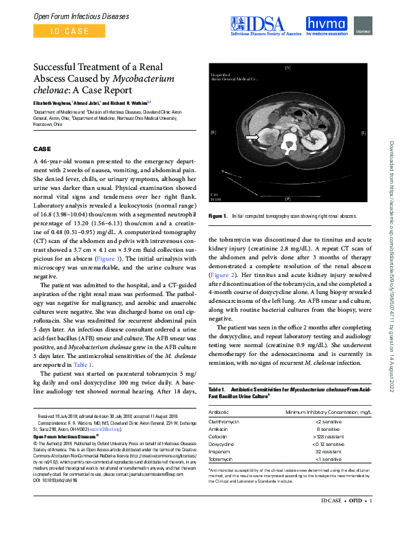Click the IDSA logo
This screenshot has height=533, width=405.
point(265,25)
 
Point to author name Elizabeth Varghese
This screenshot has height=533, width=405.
point(53,102)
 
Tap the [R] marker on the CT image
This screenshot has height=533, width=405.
point(213,132)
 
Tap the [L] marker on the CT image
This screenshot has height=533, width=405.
point(363,132)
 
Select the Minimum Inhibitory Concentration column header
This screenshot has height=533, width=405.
point(329,411)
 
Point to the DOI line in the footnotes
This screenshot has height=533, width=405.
point(57,481)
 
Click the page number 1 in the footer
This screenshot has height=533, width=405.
point(370,520)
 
